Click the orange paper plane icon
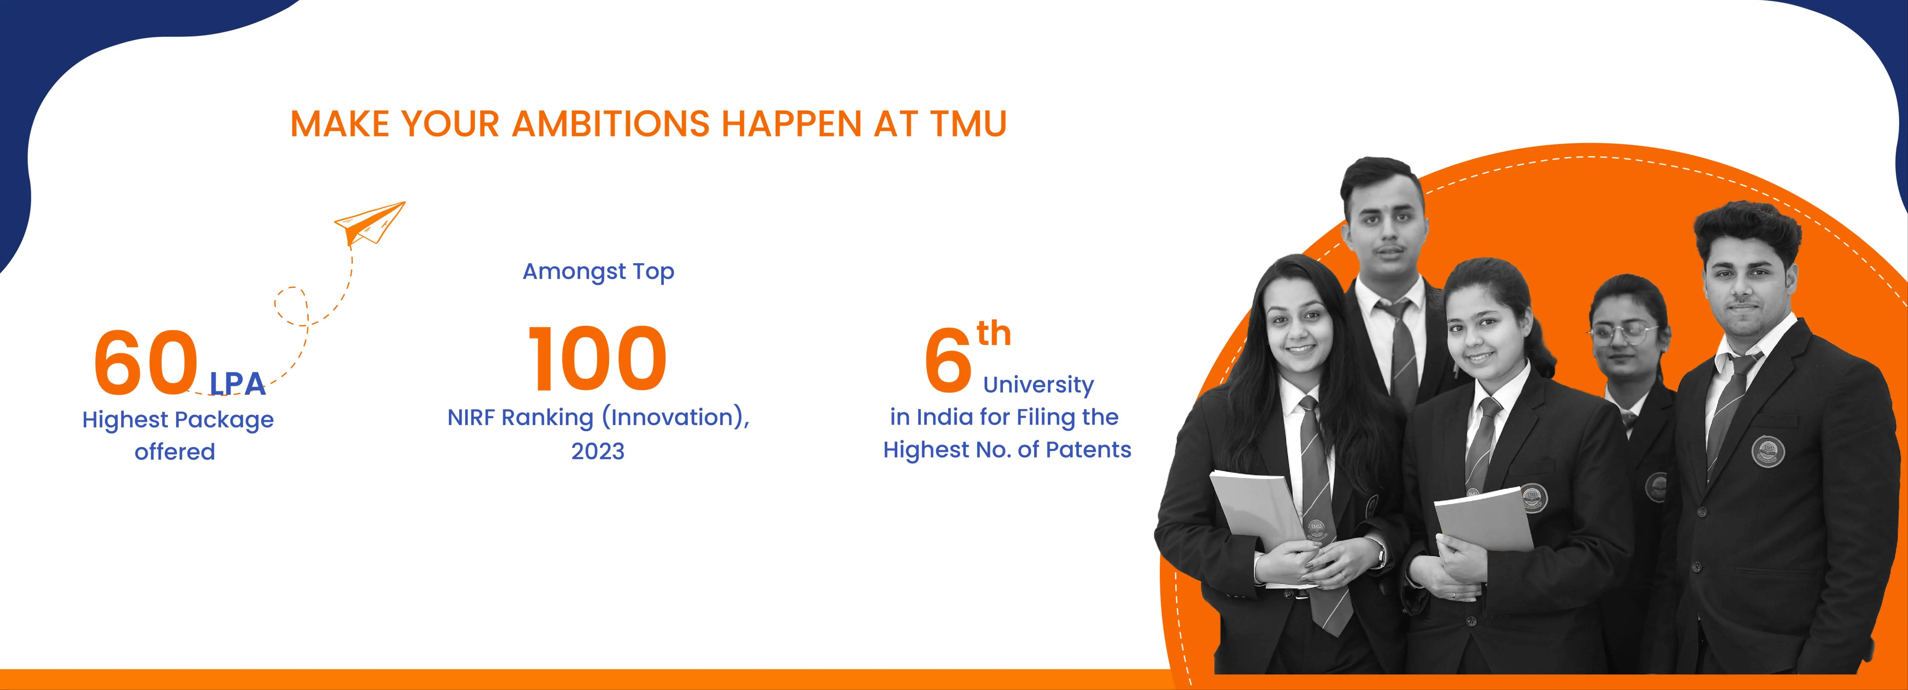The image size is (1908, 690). [370, 223]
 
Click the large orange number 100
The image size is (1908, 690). [597, 360]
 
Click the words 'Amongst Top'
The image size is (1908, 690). [598, 272]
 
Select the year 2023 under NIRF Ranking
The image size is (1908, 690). [598, 451]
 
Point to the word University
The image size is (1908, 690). [1039, 385]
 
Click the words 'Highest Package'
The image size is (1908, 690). [178, 420]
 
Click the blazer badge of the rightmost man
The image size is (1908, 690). [1767, 450]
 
